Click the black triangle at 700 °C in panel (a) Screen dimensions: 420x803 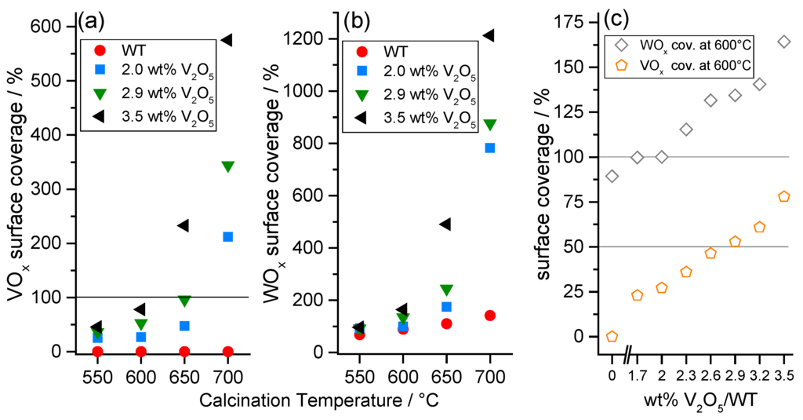[227, 40]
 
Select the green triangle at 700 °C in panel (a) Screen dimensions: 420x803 [228, 166]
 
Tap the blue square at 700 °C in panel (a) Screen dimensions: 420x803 [228, 236]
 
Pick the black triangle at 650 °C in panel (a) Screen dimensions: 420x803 [183, 225]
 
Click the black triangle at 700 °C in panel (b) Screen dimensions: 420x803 [489, 35]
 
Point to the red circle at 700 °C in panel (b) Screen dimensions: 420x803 [490, 316]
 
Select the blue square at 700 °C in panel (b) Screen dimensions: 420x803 [490, 148]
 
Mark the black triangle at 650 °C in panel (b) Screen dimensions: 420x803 [445, 225]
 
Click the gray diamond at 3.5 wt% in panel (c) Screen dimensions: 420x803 [783, 42]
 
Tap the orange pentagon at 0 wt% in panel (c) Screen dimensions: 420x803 [612, 337]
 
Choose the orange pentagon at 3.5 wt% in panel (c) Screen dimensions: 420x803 [783, 196]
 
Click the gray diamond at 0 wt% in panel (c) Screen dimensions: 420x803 [612, 176]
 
